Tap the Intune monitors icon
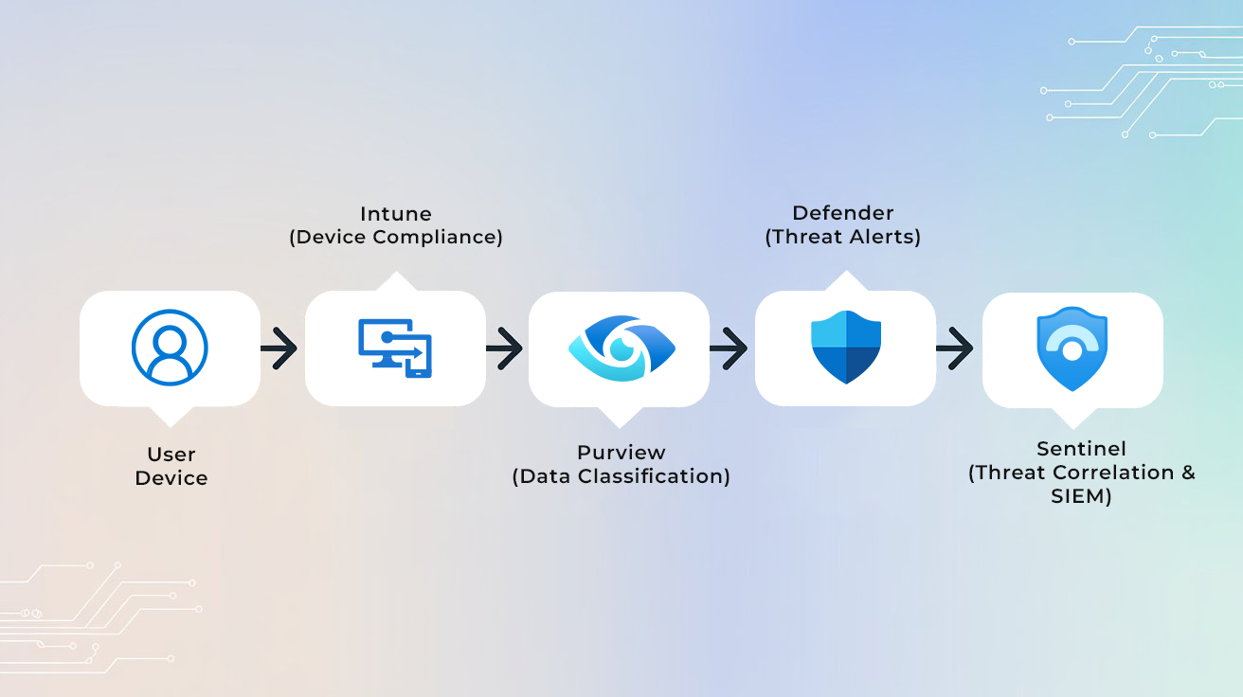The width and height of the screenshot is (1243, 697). pos(395,348)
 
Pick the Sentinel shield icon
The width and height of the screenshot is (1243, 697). pos(1072,348)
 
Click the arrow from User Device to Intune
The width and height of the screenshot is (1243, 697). pos(279,348)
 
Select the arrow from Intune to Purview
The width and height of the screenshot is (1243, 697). pos(505,348)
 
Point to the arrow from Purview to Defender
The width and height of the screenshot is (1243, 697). pos(730,348)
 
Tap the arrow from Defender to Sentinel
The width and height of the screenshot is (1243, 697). pos(956,348)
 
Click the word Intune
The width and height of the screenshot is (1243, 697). pos(395,214)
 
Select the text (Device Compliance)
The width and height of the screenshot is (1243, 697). pos(395,237)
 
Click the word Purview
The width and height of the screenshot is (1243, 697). pos(621,453)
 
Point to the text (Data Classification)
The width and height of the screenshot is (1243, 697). pos(621,476)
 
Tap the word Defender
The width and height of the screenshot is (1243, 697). pos(842,213)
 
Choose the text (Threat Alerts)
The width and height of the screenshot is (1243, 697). pos(842,237)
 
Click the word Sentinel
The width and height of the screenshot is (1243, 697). pos(1081,449)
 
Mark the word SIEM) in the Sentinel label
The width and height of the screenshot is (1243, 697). pos(1081,495)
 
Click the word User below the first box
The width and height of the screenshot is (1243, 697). pos(171,455)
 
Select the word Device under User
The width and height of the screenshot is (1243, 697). pos(171,478)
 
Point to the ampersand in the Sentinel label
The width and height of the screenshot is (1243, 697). pos(1188,472)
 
